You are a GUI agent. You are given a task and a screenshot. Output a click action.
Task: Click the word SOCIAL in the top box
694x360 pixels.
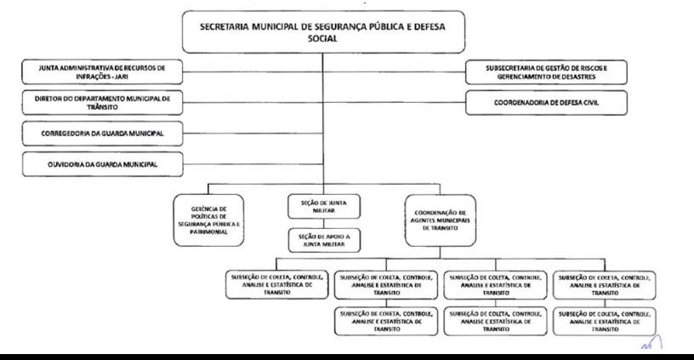(322, 38)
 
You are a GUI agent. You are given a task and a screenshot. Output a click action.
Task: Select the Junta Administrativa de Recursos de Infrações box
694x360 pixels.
(102, 71)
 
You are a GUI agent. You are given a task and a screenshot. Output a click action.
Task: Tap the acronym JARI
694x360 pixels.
(122, 77)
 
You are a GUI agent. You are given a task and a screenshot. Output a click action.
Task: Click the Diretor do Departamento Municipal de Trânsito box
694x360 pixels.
(102, 103)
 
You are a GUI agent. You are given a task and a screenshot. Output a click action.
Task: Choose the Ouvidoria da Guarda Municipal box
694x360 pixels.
(102, 164)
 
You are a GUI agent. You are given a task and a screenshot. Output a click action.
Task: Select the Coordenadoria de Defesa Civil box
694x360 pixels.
(546, 103)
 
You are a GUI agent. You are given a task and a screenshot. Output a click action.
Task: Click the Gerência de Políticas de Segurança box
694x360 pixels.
(209, 220)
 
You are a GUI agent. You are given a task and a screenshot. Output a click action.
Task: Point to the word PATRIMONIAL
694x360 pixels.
(209, 232)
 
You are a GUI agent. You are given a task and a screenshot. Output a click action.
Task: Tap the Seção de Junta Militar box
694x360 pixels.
(324, 207)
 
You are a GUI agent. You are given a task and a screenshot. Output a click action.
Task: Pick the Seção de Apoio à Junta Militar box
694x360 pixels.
(324, 241)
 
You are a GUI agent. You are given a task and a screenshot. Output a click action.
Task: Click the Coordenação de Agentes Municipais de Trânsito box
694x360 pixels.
(441, 220)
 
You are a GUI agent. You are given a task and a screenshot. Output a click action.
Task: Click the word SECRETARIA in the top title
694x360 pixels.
(224, 26)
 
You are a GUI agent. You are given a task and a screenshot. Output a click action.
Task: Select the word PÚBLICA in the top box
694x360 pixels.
(389, 26)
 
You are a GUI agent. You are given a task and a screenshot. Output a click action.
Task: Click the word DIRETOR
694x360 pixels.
(48, 99)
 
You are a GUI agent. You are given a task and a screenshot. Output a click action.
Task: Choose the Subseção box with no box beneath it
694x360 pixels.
(277, 285)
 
